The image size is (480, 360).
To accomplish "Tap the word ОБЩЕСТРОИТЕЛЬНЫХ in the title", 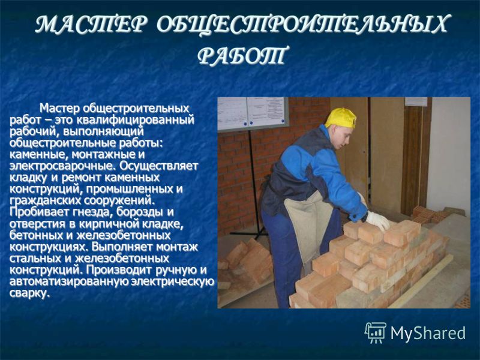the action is [x=302, y=25].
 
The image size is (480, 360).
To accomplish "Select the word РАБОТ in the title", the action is [x=243, y=55].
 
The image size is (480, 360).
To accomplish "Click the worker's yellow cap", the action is [x=340, y=118].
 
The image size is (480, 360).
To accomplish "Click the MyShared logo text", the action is [x=428, y=334].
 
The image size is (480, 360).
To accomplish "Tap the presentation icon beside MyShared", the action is [x=376, y=332].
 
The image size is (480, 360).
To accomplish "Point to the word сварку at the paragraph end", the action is [x=29, y=293].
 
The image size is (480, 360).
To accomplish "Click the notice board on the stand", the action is [x=253, y=113].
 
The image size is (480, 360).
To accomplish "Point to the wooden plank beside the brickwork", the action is [x=421, y=281].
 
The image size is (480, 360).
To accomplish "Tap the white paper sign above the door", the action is [x=416, y=101].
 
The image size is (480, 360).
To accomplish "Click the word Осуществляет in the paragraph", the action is [x=159, y=166].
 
